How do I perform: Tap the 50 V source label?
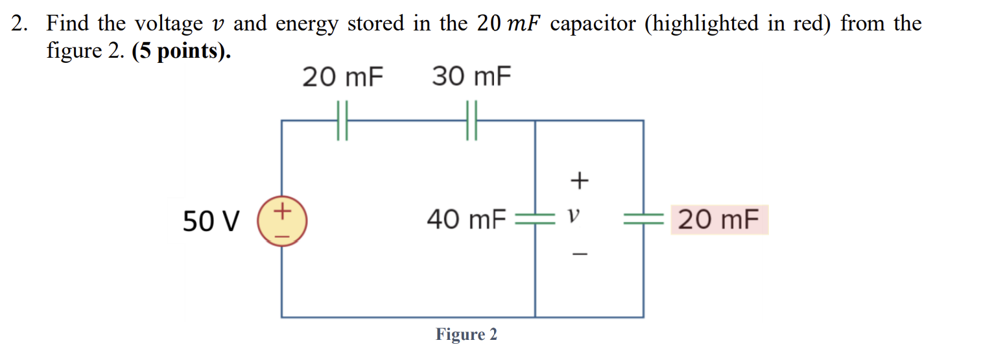[x=211, y=222]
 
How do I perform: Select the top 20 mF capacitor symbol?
[x=343, y=121]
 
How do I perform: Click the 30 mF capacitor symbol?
[x=471, y=121]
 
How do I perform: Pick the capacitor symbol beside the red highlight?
[x=643, y=221]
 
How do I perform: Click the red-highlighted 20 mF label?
[x=718, y=220]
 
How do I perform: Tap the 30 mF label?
[x=471, y=78]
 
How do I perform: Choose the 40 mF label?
[x=466, y=221]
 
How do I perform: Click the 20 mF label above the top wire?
[x=343, y=78]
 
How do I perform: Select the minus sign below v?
[x=579, y=255]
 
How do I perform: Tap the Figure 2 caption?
[x=466, y=335]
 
